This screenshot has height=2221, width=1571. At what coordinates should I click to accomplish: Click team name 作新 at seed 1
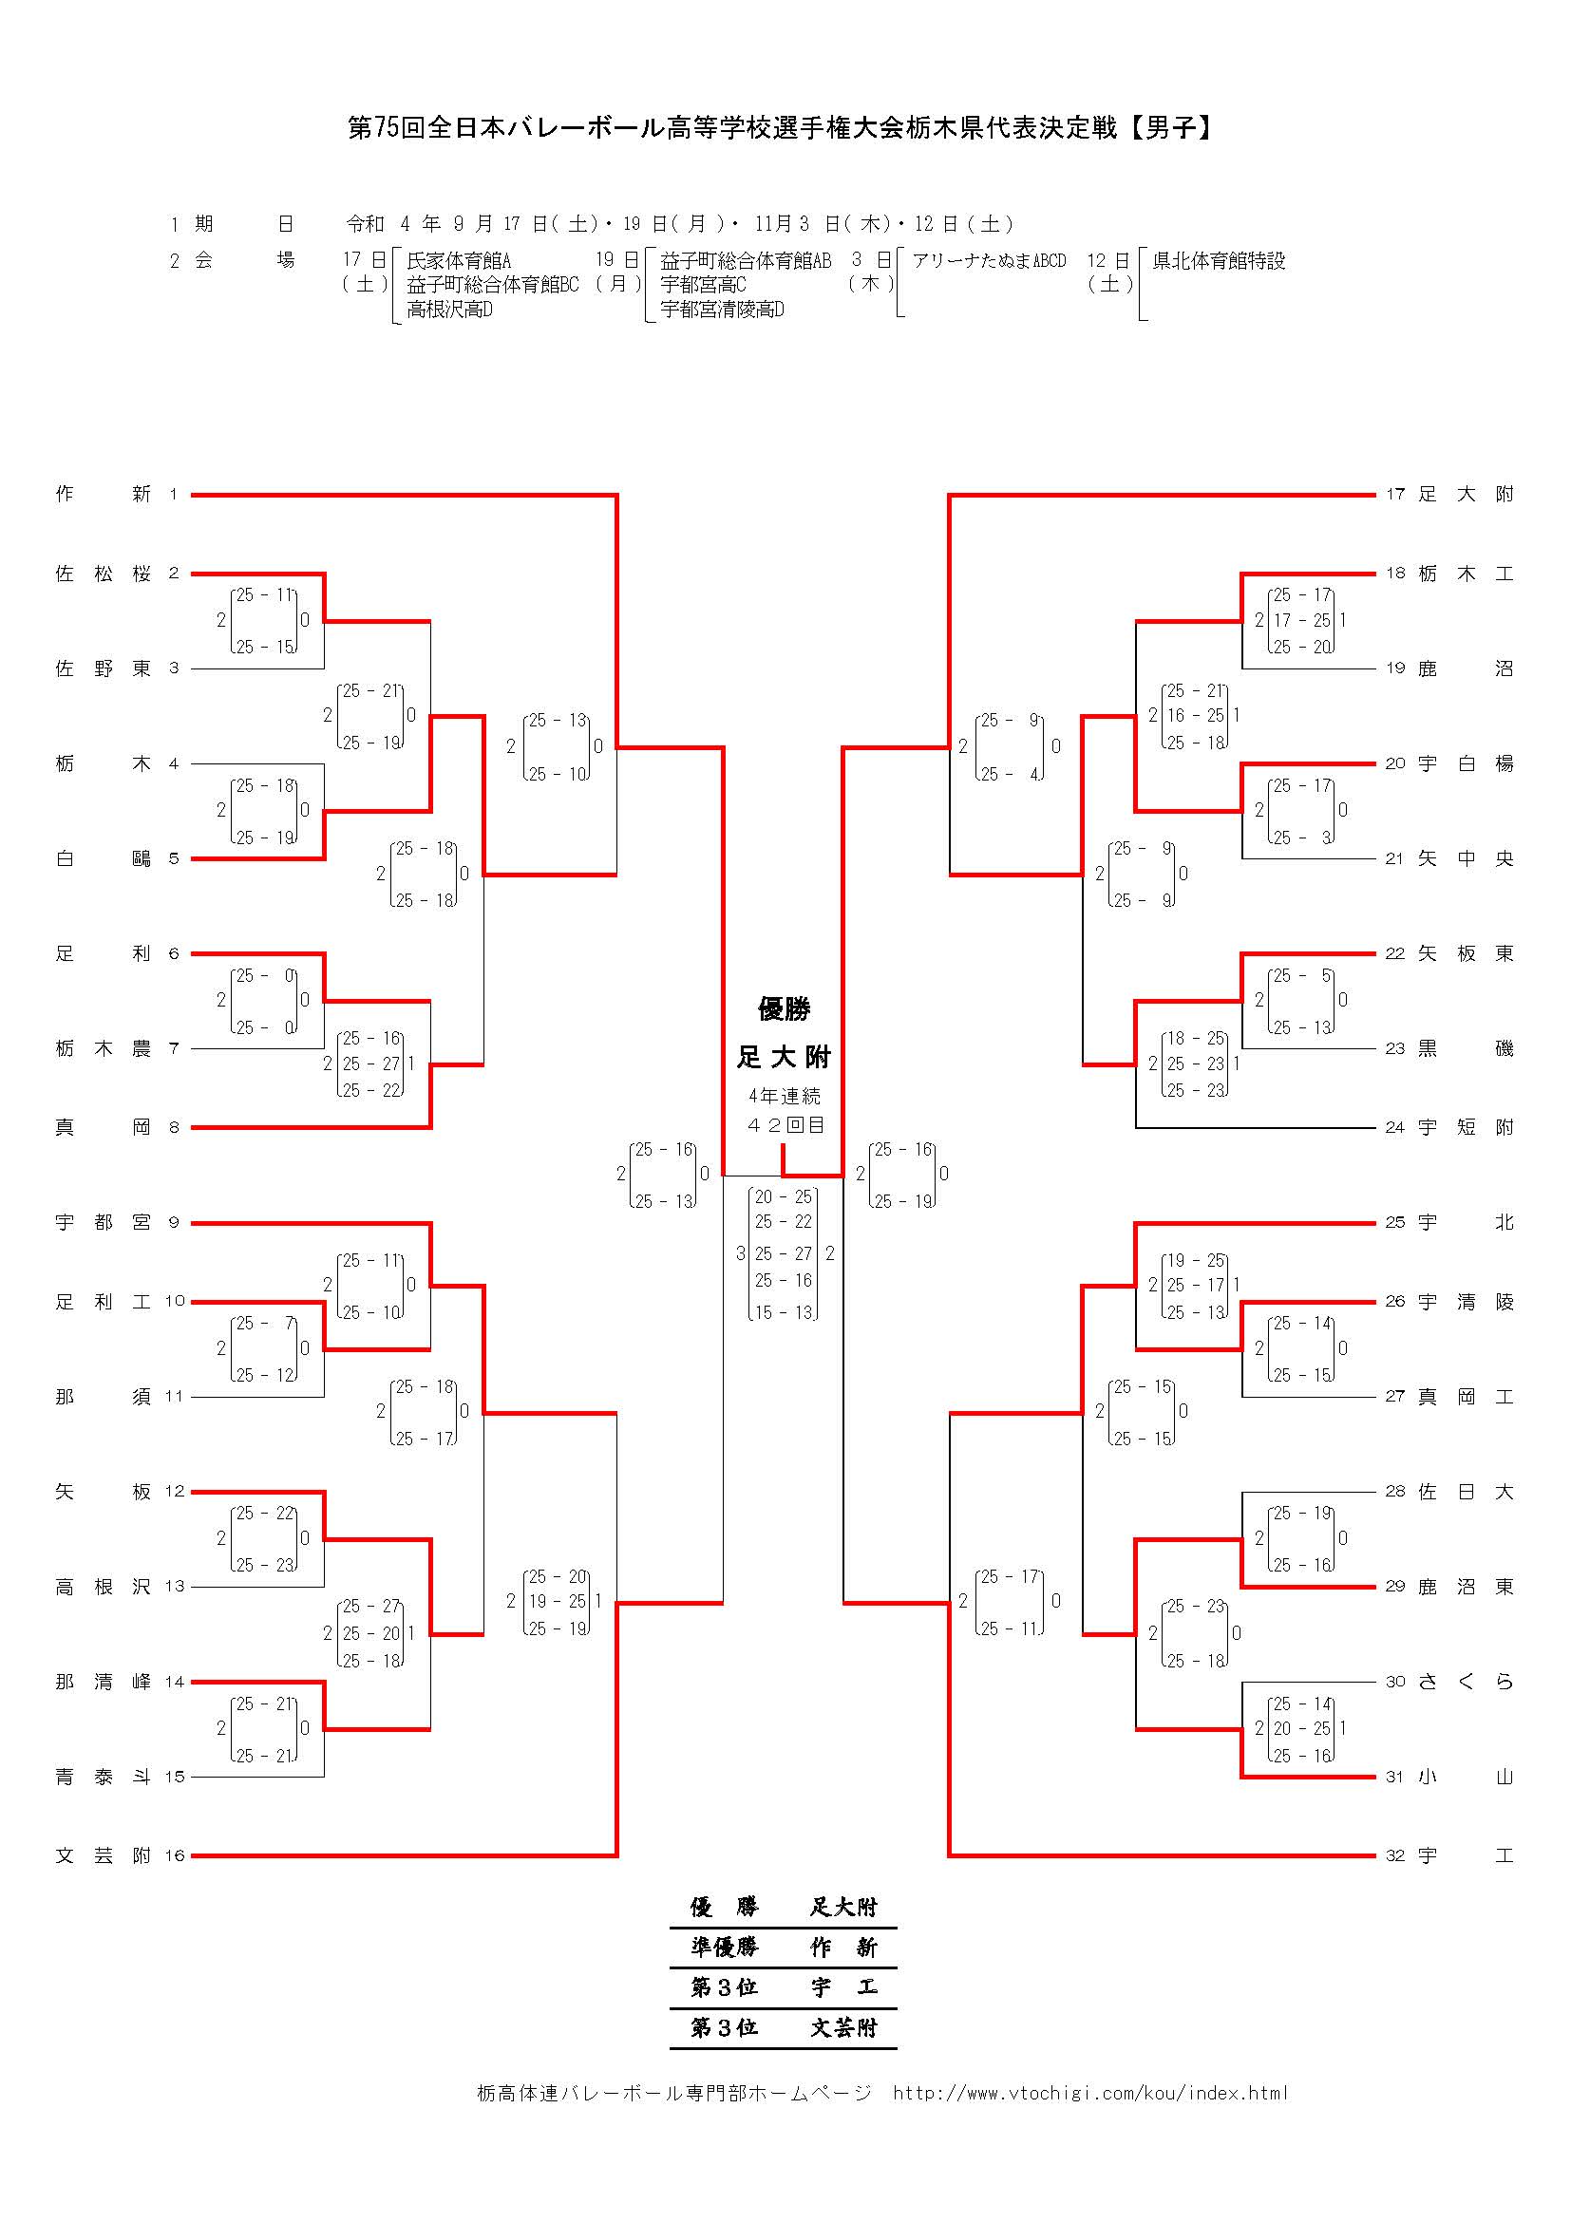click(103, 495)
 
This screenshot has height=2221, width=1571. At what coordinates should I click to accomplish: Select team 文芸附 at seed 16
click(103, 1855)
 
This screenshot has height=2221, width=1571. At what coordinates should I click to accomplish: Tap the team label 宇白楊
click(1466, 763)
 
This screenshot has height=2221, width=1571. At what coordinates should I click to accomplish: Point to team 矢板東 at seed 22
click(1466, 953)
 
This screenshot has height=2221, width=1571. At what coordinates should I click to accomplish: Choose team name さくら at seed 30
click(1466, 1682)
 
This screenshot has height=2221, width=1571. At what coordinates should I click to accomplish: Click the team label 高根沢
click(103, 1587)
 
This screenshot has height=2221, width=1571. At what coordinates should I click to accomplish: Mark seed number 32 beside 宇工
click(1395, 1855)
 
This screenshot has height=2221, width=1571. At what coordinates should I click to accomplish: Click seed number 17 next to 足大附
click(1395, 495)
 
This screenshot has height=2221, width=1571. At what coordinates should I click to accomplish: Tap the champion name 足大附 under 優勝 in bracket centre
click(784, 1057)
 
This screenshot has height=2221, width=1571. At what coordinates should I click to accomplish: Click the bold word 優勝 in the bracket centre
click(784, 1010)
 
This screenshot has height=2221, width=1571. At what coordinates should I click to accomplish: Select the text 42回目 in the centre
click(785, 1125)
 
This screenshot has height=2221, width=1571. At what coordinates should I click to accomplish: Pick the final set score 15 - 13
click(784, 1312)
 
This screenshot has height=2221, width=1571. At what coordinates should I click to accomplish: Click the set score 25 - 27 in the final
click(784, 1253)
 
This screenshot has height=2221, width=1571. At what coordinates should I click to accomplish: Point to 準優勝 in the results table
click(725, 1947)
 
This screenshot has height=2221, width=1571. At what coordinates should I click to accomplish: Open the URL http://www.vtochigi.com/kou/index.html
click(1090, 2094)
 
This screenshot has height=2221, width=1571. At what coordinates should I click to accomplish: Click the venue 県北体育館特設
click(1219, 261)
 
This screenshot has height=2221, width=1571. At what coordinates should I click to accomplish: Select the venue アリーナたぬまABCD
click(989, 261)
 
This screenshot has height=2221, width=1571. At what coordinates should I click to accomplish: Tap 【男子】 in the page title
click(1169, 127)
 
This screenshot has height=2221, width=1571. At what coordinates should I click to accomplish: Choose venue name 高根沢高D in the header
click(450, 310)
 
